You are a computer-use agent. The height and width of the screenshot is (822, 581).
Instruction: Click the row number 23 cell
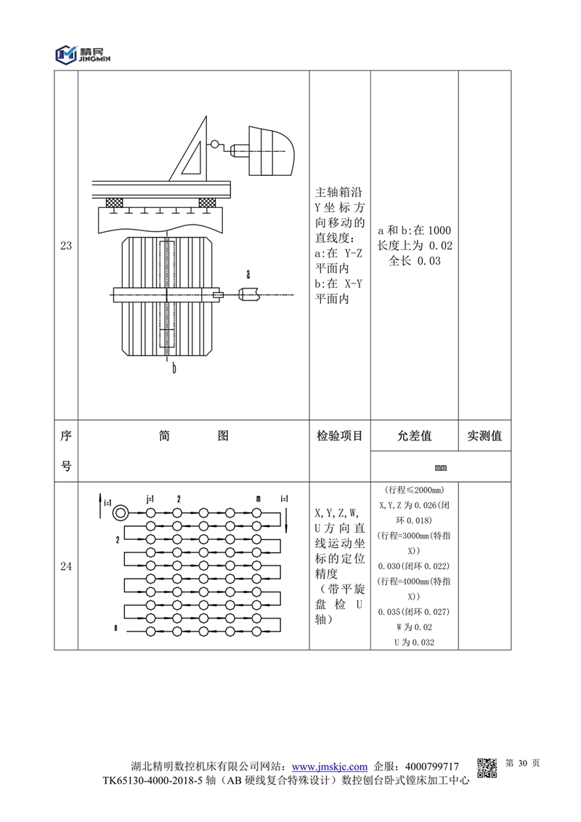[65, 246]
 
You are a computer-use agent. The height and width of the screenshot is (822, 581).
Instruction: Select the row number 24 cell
[65, 568]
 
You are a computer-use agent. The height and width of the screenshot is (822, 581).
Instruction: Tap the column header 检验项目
[340, 436]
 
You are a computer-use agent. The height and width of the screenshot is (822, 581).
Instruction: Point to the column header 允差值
[414, 436]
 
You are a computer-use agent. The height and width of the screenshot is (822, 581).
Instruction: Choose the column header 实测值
[484, 436]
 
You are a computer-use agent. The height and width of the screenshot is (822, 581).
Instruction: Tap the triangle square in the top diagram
[191, 148]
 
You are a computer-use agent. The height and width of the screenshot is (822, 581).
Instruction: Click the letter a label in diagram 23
[248, 274]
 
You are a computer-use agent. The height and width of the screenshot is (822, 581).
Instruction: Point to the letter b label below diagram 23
[174, 368]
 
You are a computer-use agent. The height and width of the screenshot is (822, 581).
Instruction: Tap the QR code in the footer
[487, 767]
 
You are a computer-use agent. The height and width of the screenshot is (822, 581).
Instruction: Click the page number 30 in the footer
[522, 764]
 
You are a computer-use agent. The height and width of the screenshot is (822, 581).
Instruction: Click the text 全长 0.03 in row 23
[415, 261]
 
